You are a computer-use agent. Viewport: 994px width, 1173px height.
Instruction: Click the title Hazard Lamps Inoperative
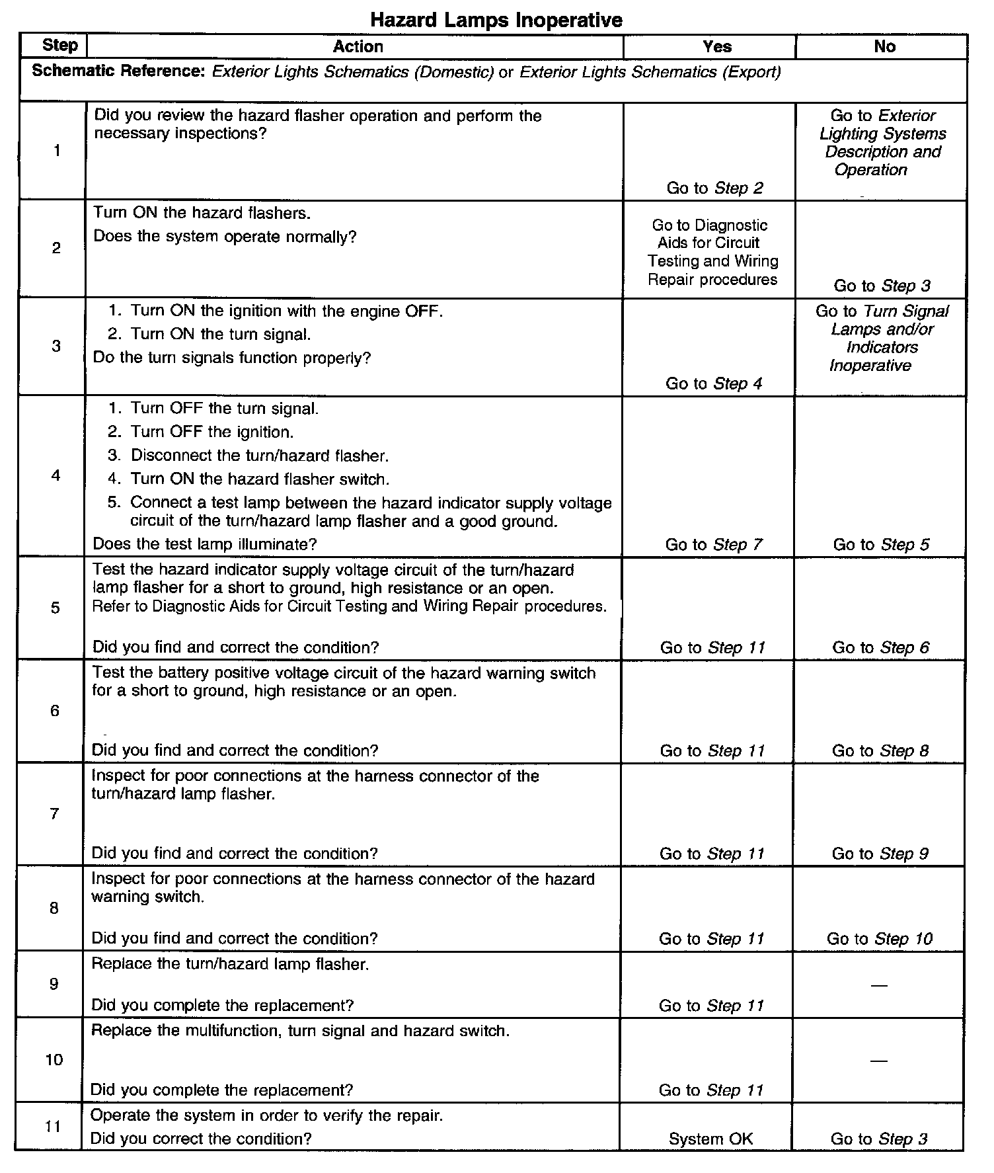pyautogui.click(x=496, y=20)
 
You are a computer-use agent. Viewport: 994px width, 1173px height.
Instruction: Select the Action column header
pyautogui.click(x=358, y=46)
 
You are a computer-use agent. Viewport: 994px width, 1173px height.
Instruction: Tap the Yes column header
pyautogui.click(x=717, y=46)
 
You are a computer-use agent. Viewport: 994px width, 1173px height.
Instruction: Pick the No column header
pyautogui.click(x=884, y=46)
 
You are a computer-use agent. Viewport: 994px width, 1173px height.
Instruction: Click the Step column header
pyautogui.click(x=59, y=46)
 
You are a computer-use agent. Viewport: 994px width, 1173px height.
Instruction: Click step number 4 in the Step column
pyautogui.click(x=56, y=475)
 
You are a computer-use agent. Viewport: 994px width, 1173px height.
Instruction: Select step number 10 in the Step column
pyautogui.click(x=54, y=1059)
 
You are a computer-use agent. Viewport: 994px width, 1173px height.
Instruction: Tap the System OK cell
pyautogui.click(x=710, y=1139)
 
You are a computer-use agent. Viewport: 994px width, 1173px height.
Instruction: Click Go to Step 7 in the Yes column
pyautogui.click(x=714, y=544)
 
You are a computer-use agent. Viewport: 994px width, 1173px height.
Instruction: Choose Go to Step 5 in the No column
pyautogui.click(x=881, y=544)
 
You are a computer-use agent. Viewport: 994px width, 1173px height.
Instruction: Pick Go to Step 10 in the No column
pyautogui.click(x=880, y=938)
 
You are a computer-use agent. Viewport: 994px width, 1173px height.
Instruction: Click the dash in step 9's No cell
pyautogui.click(x=878, y=986)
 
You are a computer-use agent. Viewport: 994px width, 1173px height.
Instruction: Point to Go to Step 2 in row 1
pyautogui.click(x=714, y=188)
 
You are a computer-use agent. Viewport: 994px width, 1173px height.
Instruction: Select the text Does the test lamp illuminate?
pyautogui.click(x=205, y=544)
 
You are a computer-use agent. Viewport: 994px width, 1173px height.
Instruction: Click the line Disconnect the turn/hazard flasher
pyautogui.click(x=260, y=456)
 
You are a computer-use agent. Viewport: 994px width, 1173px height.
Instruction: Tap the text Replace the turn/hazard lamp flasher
pyautogui.click(x=230, y=964)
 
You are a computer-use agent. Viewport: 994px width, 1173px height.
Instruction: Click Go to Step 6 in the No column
pyautogui.click(x=880, y=647)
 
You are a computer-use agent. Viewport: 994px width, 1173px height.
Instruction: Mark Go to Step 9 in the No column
pyautogui.click(x=880, y=854)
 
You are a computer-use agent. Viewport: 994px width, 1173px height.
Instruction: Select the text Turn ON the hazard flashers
pyautogui.click(x=202, y=213)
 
